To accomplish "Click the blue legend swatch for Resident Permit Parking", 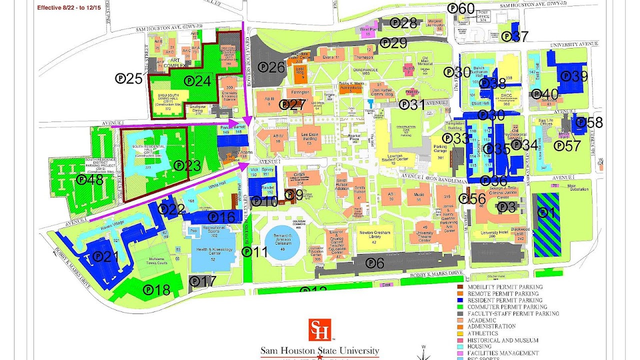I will (460, 300).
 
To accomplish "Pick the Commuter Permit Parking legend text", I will (507, 307).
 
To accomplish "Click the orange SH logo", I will (319, 330).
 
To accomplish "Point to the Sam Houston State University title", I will (319, 350).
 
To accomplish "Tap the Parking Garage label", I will (440, 149).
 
